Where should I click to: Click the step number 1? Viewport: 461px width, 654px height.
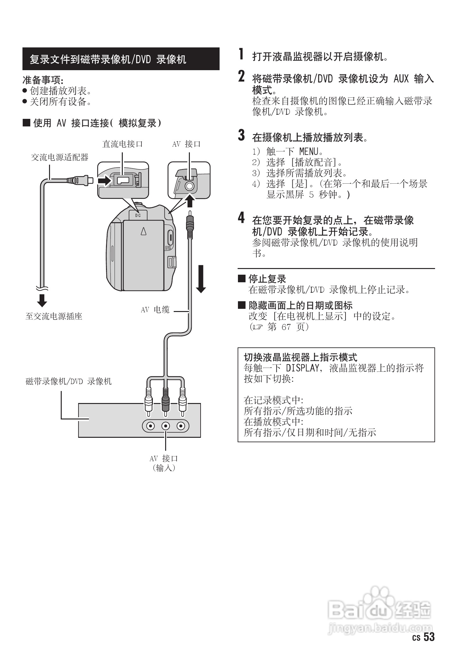(241, 54)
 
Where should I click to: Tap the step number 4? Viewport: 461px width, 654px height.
(241, 218)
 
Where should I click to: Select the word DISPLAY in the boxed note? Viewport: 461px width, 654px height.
(302, 368)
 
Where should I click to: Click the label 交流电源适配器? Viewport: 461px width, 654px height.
(59, 157)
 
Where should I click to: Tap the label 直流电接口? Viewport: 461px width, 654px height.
(122, 144)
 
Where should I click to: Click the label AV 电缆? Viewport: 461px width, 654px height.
(155, 310)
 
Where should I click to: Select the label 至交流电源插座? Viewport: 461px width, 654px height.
(54, 316)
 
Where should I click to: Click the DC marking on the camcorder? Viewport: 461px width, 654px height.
(138, 216)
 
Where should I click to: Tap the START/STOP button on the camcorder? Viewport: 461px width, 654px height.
(170, 237)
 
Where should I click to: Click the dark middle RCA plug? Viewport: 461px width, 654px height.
(165, 401)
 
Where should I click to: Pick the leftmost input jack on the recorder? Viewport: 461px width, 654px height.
(150, 426)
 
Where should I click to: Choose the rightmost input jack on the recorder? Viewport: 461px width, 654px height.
(181, 426)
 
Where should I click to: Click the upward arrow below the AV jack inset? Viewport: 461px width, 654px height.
(189, 201)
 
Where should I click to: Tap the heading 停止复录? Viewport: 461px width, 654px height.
(267, 279)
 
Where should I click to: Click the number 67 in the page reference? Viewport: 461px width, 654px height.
(286, 327)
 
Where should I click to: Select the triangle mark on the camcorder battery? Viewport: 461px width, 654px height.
(143, 231)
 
